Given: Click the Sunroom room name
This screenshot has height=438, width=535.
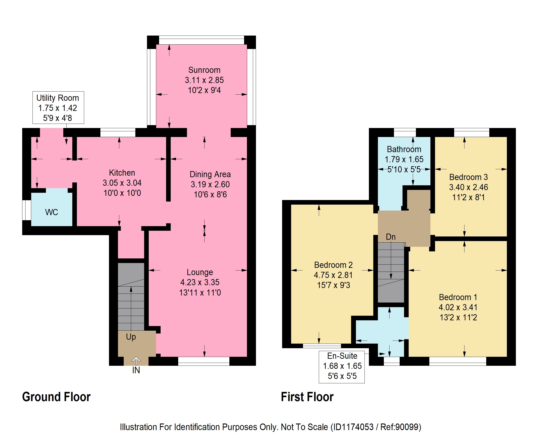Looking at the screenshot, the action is click(x=204, y=70).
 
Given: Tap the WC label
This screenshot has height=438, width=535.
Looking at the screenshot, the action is click(x=51, y=212).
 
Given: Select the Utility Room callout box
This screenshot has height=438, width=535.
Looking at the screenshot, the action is click(x=58, y=108).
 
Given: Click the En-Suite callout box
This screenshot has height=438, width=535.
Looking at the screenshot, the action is click(x=342, y=367).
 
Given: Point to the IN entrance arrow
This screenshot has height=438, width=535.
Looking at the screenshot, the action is click(x=136, y=361).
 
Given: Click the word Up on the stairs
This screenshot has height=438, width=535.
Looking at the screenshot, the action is click(x=131, y=337).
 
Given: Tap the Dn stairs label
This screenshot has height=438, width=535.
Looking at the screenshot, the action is click(x=391, y=237).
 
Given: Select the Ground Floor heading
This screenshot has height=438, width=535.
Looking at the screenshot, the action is click(x=56, y=397).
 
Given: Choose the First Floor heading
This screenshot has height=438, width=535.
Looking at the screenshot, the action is click(x=307, y=397).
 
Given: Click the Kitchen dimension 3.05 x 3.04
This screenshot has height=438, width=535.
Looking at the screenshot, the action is click(x=122, y=183).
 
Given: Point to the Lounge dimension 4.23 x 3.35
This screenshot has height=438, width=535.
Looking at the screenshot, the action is click(x=200, y=282).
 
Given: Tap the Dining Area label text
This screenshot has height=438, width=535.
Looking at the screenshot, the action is click(x=210, y=174).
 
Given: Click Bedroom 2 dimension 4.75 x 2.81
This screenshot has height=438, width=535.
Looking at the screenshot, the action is click(x=333, y=275).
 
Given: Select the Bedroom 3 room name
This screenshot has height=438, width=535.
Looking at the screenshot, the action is click(x=468, y=177).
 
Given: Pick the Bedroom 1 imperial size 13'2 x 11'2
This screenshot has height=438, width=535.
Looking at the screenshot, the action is click(x=458, y=317).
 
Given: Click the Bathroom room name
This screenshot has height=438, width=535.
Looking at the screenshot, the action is click(x=404, y=149).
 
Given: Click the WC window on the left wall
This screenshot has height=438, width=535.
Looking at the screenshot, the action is click(x=27, y=210).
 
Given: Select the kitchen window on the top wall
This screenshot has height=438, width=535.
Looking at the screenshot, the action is click(x=118, y=132).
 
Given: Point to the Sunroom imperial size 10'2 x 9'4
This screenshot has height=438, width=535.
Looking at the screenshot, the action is click(x=204, y=90).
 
